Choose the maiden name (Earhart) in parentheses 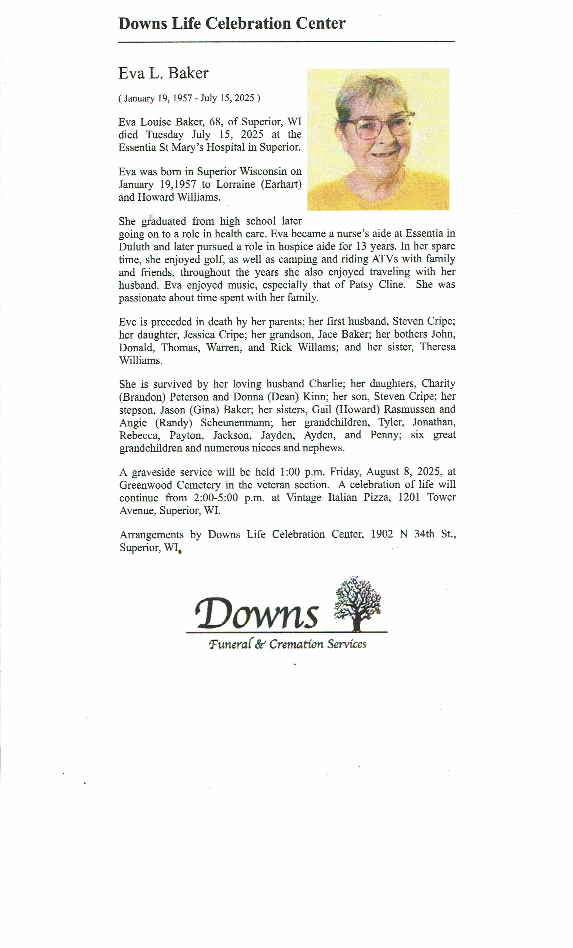pyautogui.click(x=281, y=184)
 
